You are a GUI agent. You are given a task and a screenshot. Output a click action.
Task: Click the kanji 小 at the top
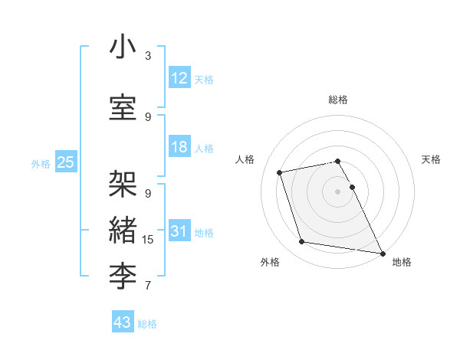pyautogui.click(x=123, y=47)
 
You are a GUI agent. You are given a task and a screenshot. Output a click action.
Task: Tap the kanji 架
pyautogui.click(x=123, y=184)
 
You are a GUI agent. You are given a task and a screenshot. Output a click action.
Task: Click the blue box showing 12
pyautogui.click(x=179, y=78)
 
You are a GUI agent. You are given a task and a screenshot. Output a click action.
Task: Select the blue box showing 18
pyautogui.click(x=179, y=147)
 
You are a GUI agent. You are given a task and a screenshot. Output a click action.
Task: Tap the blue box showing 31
pyautogui.click(x=179, y=231)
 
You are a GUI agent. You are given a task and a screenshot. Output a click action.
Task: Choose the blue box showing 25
pyautogui.click(x=65, y=162)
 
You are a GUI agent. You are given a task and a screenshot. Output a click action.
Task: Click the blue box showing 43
pyautogui.click(x=122, y=322)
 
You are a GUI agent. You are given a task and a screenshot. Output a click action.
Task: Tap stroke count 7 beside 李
pyautogui.click(x=148, y=286)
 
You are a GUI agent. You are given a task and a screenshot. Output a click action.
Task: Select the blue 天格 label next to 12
pyautogui.click(x=204, y=79)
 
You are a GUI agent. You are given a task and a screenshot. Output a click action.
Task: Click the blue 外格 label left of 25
pyautogui.click(x=41, y=163)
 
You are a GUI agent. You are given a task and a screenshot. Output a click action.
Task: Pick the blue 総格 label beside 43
pyautogui.click(x=147, y=324)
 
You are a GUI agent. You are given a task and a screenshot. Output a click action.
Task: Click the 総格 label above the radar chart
pyautogui.click(x=338, y=100)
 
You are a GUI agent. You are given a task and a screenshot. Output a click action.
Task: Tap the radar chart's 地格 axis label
pyautogui.click(x=402, y=262)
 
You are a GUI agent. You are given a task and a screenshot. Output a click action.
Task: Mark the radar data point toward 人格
pyautogui.click(x=280, y=172)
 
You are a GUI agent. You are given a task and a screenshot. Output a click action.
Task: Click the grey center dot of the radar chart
pyautogui.click(x=338, y=191)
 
